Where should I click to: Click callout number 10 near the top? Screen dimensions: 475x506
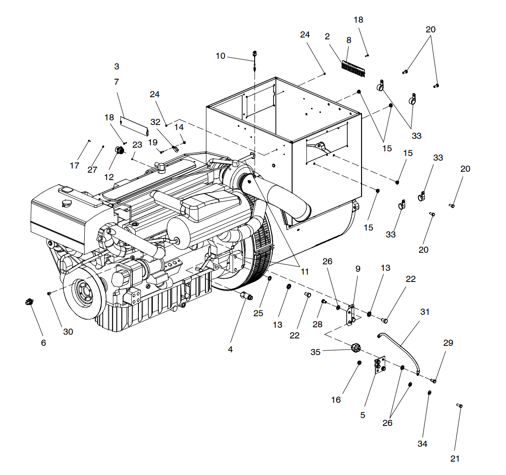click(x=220, y=56)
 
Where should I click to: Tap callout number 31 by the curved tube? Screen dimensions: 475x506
click(x=425, y=312)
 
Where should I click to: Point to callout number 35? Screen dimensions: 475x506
click(x=315, y=352)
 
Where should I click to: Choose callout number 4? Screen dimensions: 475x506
click(x=230, y=350)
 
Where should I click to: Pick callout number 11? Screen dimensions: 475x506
click(x=305, y=272)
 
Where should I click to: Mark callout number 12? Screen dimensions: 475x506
click(x=109, y=177)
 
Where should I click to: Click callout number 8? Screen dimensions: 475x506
click(x=349, y=40)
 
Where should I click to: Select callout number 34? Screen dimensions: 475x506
click(x=422, y=444)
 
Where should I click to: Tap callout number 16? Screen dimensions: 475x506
click(x=336, y=400)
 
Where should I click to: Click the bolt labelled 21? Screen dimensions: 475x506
click(x=460, y=406)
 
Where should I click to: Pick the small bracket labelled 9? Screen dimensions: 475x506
click(x=351, y=314)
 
